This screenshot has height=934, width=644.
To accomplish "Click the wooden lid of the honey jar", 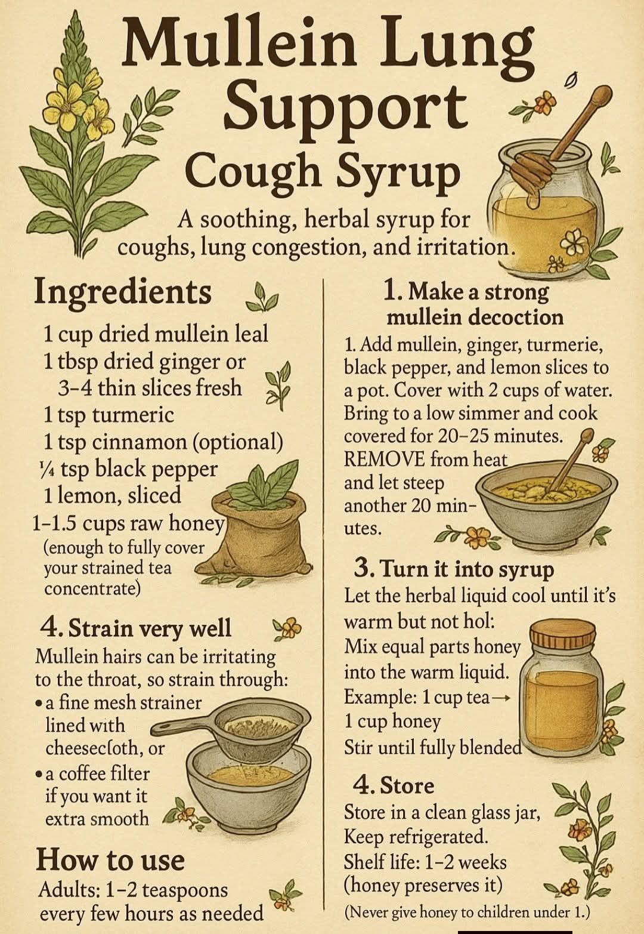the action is (562, 635).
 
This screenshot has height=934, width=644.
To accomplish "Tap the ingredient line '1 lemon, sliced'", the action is (113, 496).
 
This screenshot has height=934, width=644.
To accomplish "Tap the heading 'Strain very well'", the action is (136, 629).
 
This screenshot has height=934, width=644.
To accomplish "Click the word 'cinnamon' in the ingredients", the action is (140, 442).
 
